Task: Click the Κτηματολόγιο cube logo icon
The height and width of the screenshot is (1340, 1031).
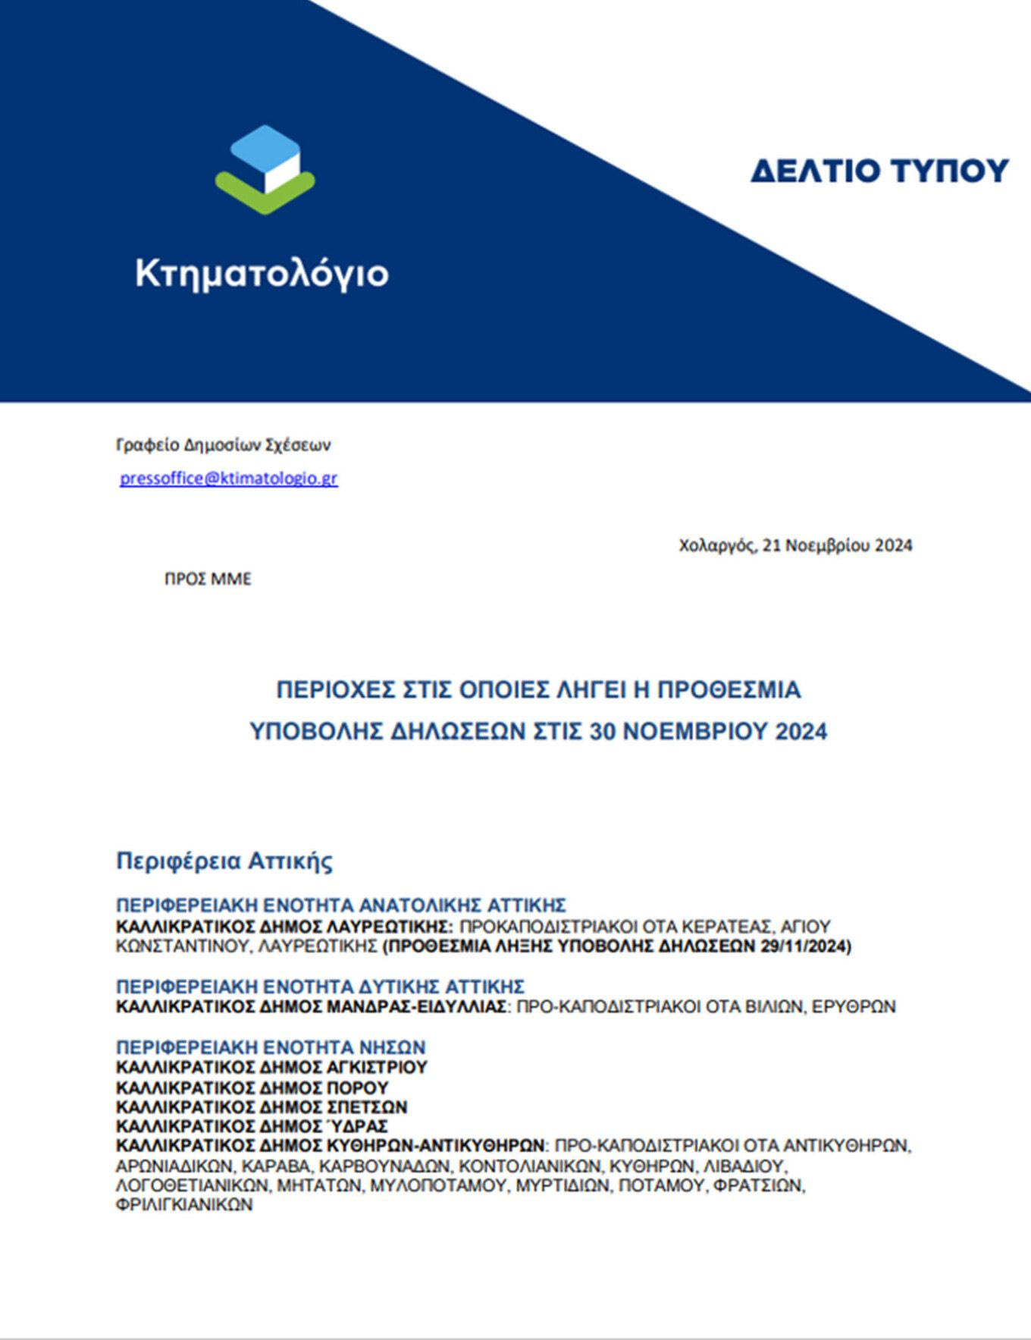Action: [265, 169]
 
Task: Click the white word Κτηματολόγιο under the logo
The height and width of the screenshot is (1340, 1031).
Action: [262, 273]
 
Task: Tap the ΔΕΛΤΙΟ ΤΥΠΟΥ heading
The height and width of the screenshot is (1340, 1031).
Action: [879, 171]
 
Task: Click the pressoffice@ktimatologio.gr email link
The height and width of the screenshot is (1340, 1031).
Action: [228, 479]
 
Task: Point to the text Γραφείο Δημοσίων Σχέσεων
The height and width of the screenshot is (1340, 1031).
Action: [223, 444]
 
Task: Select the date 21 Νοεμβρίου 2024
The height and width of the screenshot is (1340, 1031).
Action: [837, 545]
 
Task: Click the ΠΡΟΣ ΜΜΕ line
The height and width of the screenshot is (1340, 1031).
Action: [208, 579]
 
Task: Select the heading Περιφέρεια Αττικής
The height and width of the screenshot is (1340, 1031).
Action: [224, 861]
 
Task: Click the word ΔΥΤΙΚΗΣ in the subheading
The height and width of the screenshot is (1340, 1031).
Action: [400, 987]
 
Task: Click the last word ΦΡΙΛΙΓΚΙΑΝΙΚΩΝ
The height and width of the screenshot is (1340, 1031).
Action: [184, 1205]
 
